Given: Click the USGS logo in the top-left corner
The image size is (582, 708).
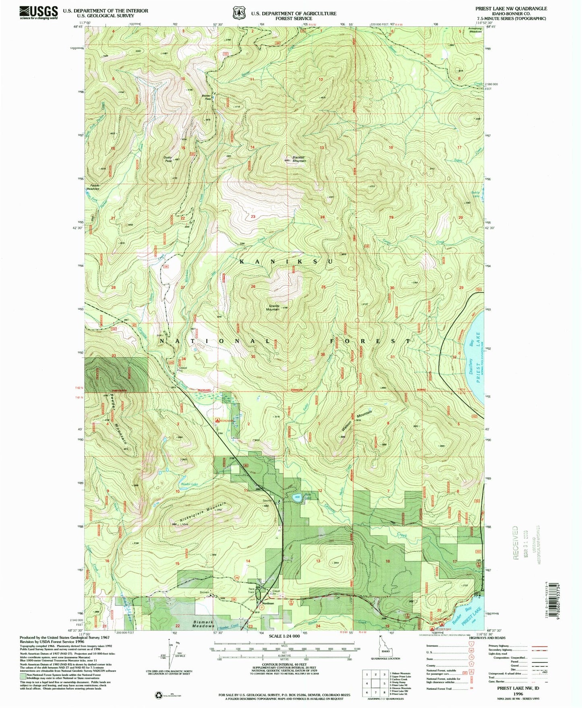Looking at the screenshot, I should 38,12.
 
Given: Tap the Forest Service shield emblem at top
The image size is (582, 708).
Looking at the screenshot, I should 239,13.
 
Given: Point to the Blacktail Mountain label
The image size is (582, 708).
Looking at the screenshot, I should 299,159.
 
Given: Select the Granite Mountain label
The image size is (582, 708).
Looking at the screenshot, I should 273,308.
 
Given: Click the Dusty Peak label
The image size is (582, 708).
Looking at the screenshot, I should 168,159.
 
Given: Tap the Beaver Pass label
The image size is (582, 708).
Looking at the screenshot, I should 206,98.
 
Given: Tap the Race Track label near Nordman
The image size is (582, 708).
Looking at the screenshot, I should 251,591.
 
